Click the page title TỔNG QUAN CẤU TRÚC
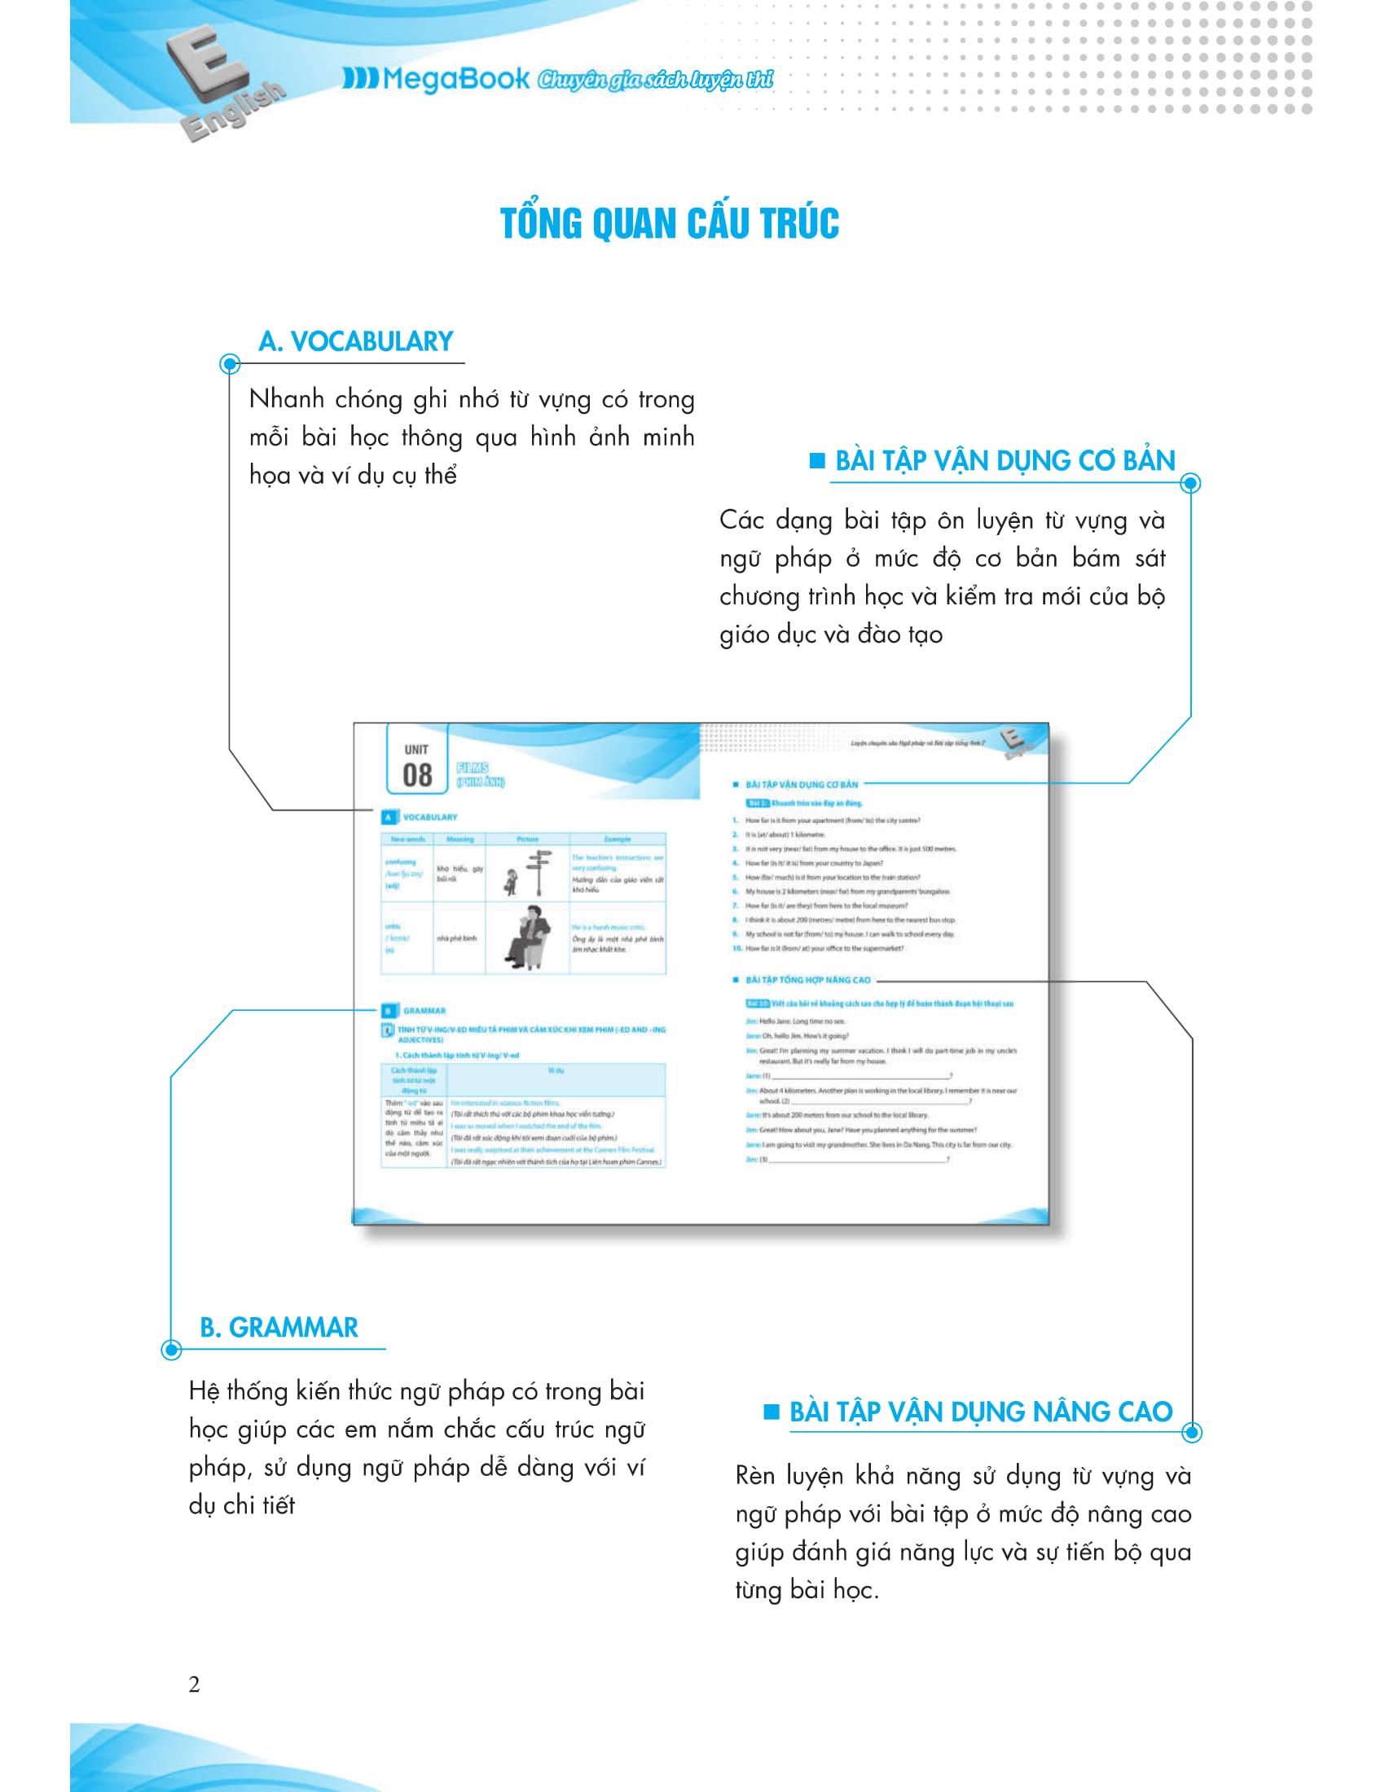(x=670, y=223)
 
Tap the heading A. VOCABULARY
(x=355, y=341)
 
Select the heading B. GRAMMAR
(x=279, y=1328)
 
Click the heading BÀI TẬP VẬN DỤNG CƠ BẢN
(x=1005, y=460)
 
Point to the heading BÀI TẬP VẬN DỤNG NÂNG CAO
(x=980, y=1412)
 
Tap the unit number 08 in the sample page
(x=417, y=775)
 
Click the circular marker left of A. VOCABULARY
(x=230, y=364)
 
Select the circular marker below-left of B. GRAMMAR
(x=170, y=1349)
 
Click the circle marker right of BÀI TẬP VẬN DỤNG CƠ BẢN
(x=1191, y=483)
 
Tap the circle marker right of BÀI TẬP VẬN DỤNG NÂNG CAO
(x=1192, y=1433)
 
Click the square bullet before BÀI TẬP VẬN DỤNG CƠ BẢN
(x=816, y=460)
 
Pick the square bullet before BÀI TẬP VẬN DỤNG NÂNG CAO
(x=771, y=1412)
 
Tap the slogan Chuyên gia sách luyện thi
(x=655, y=80)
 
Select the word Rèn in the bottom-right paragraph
(x=756, y=1476)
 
